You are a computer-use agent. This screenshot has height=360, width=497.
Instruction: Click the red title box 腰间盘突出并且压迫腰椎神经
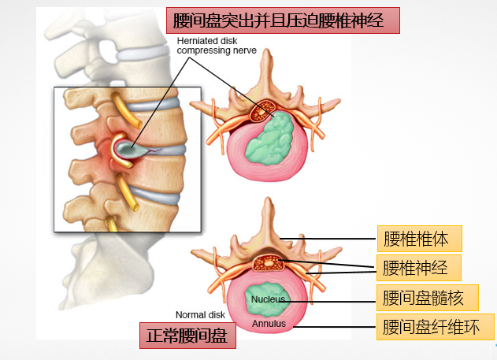pyautogui.click(x=282, y=19)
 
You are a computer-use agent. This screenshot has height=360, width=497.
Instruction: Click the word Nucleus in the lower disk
pyautogui.click(x=268, y=299)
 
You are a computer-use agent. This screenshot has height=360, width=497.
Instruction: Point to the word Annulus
pyautogui.click(x=269, y=323)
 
